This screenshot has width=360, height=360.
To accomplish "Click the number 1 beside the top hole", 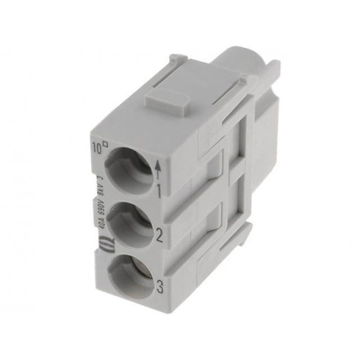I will coord(161,188).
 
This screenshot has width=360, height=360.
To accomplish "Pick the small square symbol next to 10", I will coord(105,145).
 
